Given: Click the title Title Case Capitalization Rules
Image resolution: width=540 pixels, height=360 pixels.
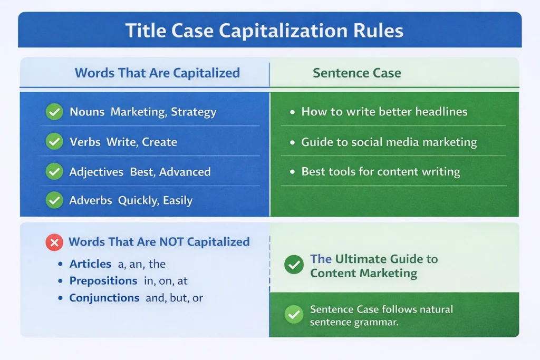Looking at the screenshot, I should tap(264, 31).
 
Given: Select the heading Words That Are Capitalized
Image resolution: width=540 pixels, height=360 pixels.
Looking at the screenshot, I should tap(157, 73).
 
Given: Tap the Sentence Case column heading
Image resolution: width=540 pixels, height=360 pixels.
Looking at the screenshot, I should tap(356, 73).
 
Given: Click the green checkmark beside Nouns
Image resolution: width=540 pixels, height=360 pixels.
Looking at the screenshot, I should tap(54, 112).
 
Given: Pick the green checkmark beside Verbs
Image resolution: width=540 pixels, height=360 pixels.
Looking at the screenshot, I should tap(54, 142).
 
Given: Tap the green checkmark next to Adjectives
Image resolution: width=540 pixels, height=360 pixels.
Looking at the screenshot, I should tap(54, 171).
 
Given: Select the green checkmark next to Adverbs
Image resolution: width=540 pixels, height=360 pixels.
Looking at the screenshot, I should tap(54, 200).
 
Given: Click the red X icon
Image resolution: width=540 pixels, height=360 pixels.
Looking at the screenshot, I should tap(54, 242).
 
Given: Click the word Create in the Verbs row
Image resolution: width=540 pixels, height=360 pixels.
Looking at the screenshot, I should tap(159, 142).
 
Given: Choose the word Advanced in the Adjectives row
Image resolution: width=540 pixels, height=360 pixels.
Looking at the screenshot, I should tap(185, 172).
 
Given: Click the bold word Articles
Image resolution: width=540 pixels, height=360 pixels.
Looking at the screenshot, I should tap(90, 264).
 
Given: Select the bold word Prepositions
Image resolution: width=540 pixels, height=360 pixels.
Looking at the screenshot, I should tap(103, 281).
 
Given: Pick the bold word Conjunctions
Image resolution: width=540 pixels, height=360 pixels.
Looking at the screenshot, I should tap(104, 298).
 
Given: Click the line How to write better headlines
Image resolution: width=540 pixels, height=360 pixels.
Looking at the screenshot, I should tap(384, 112).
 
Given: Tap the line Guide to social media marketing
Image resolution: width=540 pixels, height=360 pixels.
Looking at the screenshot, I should tap(389, 142).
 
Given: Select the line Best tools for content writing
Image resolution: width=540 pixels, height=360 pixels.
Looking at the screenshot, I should tap(380, 172).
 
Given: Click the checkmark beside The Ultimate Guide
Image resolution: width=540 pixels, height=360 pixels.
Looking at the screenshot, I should tap(294, 265).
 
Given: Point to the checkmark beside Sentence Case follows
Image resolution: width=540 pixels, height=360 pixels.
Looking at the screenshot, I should tap(294, 315).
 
